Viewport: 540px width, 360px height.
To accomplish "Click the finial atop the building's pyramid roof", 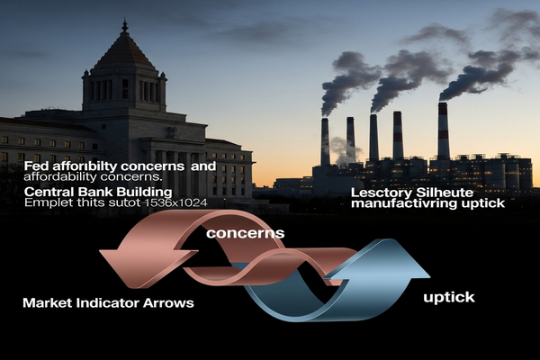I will [x=124, y=26].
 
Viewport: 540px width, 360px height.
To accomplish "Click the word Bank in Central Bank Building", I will [x=98, y=191].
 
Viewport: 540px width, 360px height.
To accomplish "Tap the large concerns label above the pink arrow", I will [x=245, y=233].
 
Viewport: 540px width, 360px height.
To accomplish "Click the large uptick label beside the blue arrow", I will [x=449, y=295].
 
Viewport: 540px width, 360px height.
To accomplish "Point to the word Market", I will [x=48, y=303].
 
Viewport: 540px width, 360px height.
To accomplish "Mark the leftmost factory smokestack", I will [x=325, y=141].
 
